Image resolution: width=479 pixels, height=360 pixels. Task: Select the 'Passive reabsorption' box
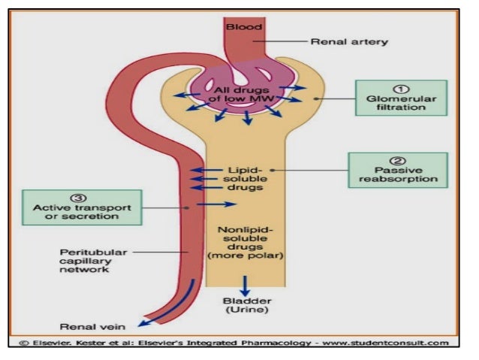click(x=397, y=171)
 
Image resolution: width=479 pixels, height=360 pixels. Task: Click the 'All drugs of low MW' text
click(x=245, y=96)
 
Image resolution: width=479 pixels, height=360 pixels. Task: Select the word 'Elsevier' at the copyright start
click(x=48, y=343)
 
